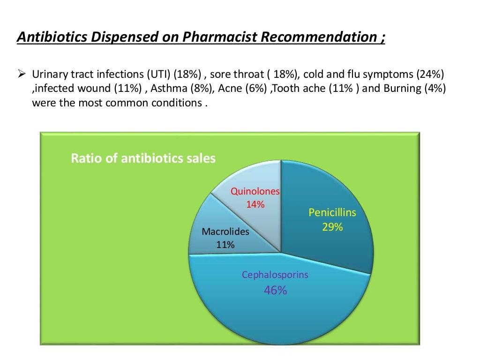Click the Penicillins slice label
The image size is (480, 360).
point(332,213)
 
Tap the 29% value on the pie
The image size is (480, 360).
point(332,227)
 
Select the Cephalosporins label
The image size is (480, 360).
point(275,275)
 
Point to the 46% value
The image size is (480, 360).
point(275,291)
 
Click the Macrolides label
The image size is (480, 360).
point(225,232)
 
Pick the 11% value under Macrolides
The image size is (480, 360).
point(225,244)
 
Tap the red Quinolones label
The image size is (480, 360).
point(255,192)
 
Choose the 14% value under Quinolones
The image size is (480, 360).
point(255,204)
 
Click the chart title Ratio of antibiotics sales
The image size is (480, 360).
point(143,158)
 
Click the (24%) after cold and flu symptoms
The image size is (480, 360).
point(432,75)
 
